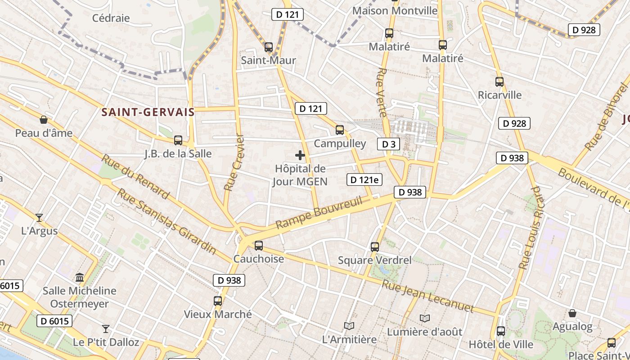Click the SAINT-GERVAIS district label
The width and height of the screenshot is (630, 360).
pyautogui.click(x=148, y=112)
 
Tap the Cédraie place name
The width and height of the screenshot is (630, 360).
pyautogui.click(x=111, y=18)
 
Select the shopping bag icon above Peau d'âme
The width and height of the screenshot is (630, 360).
pyautogui.click(x=44, y=120)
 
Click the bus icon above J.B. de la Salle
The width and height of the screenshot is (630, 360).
pyautogui.click(x=178, y=140)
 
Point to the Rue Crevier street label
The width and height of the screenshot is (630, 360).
pyautogui.click(x=234, y=162)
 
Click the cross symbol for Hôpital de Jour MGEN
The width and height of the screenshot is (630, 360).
pyautogui.click(x=300, y=156)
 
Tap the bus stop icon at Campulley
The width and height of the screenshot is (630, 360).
pyautogui.click(x=340, y=130)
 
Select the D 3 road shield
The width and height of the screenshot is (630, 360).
pyautogui.click(x=388, y=144)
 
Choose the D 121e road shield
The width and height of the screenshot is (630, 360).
pyautogui.click(x=364, y=180)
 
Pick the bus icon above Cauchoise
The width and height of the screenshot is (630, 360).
pyautogui.click(x=259, y=245)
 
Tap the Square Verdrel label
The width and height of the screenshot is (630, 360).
pyautogui.click(x=375, y=260)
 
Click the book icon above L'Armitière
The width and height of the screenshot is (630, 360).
pyautogui.click(x=349, y=326)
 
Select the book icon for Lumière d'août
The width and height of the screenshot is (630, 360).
pyautogui.click(x=425, y=318)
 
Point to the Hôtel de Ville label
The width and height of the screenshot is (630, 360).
pyautogui.click(x=501, y=345)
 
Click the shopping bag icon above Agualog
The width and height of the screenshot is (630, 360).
pyautogui.click(x=572, y=313)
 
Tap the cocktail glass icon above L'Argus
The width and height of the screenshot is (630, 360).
pyautogui.click(x=40, y=218)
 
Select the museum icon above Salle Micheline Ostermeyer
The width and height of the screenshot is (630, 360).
pyautogui.click(x=80, y=277)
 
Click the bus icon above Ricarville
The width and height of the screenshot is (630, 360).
pyautogui.click(x=499, y=81)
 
